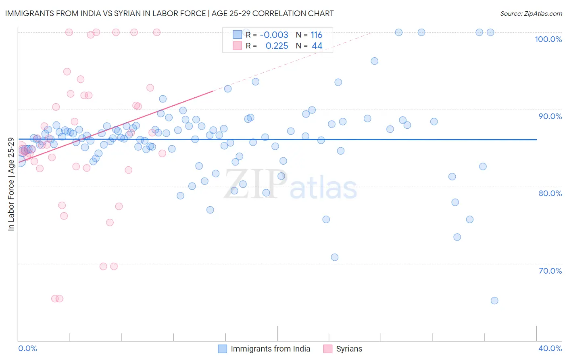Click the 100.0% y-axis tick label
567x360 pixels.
tap(548, 39)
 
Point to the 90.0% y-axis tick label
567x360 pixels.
tap(550, 116)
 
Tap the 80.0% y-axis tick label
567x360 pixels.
tap(550, 193)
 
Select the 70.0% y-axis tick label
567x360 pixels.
tap(550, 271)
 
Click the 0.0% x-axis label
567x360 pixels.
tap(27, 348)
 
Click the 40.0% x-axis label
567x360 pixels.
tap(550, 348)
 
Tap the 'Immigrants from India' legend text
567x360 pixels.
tap(270, 349)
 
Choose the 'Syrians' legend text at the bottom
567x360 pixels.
tap(349, 349)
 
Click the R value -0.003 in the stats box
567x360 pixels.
tap(274, 35)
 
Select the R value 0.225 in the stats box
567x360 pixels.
tap(277, 46)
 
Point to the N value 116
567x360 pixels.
tap(316, 35)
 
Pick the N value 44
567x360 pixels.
tap(317, 46)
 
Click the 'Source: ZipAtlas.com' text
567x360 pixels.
tap(531, 14)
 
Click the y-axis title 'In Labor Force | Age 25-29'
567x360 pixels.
tap(11, 184)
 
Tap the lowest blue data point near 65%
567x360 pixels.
tap(494, 301)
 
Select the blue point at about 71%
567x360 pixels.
tap(334, 257)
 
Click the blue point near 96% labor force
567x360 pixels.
tap(374, 61)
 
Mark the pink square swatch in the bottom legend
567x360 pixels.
tap(328, 349)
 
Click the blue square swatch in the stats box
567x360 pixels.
tap(237, 35)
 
